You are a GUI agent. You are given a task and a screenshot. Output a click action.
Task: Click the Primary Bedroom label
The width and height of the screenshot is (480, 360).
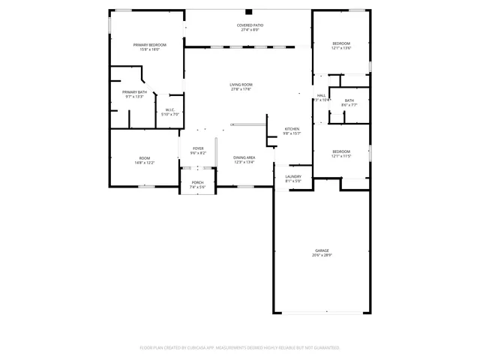149,45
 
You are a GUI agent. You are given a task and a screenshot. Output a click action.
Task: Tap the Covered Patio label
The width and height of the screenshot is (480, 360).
250,25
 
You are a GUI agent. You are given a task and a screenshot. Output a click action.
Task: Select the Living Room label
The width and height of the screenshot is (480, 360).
241,85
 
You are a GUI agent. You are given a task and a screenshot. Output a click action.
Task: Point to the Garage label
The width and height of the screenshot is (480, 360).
322,250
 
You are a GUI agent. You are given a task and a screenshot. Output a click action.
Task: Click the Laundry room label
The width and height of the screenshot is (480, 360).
292,176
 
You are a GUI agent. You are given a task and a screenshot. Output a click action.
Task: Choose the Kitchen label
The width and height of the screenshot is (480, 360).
292,129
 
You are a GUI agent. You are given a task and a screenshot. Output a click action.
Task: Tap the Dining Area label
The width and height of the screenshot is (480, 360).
244,157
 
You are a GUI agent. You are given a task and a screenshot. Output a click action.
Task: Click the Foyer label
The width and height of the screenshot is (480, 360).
198,148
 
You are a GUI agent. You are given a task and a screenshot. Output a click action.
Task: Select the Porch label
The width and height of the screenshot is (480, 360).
197,182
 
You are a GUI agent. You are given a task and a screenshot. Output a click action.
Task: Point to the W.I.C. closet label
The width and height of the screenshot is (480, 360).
170,109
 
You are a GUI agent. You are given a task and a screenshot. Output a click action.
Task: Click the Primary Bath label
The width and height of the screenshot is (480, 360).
135,91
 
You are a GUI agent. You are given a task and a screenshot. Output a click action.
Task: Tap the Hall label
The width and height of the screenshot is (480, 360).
321,95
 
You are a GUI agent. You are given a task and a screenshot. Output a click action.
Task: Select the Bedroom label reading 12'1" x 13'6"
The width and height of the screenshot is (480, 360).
341,43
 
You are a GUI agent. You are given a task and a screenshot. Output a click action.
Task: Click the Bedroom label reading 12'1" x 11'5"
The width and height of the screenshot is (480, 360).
341,152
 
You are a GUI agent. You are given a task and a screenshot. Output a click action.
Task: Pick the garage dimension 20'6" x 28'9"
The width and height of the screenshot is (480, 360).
322,256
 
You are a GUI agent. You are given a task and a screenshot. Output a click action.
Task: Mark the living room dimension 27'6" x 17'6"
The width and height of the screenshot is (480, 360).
241,90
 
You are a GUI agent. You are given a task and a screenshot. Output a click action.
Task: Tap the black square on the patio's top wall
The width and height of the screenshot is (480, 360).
249,12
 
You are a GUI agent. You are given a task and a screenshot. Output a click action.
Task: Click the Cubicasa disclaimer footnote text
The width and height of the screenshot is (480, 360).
240,348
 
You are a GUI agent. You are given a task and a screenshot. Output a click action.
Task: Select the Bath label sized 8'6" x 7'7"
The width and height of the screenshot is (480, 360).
349,100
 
